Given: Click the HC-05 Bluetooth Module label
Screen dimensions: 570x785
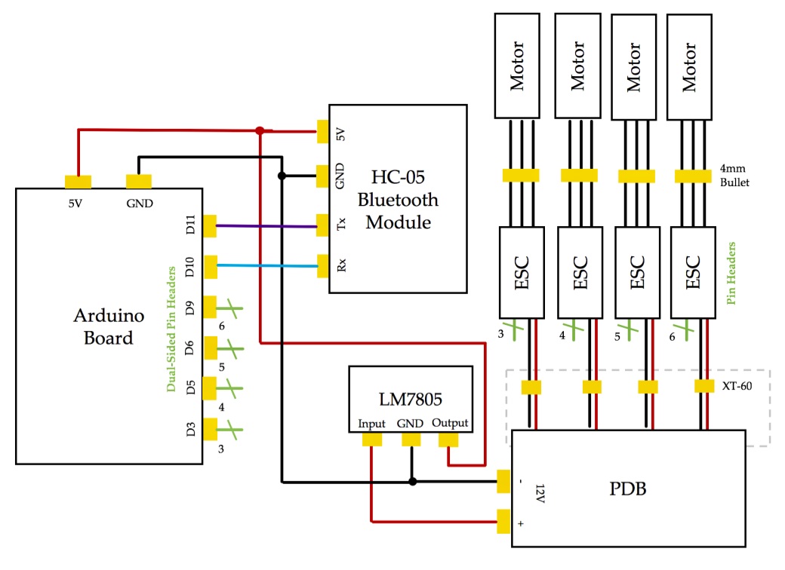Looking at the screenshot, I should [398, 200].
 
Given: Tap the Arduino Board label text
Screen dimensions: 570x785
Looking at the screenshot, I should [103, 326].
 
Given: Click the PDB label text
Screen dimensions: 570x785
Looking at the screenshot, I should [628, 488].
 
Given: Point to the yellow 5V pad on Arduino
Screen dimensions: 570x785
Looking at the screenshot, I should [78, 182].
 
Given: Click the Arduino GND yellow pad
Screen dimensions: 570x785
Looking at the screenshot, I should [139, 182].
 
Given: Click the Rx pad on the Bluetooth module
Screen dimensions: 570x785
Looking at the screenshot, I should [323, 265].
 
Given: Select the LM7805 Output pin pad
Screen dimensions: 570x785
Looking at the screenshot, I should [449, 440].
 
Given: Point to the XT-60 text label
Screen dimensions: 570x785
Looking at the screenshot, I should [738, 385].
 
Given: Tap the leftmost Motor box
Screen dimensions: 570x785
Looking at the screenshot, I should [517, 66].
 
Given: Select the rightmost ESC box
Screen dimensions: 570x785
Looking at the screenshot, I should [693, 273].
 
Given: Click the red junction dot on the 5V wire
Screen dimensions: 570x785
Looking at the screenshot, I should [259, 130].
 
